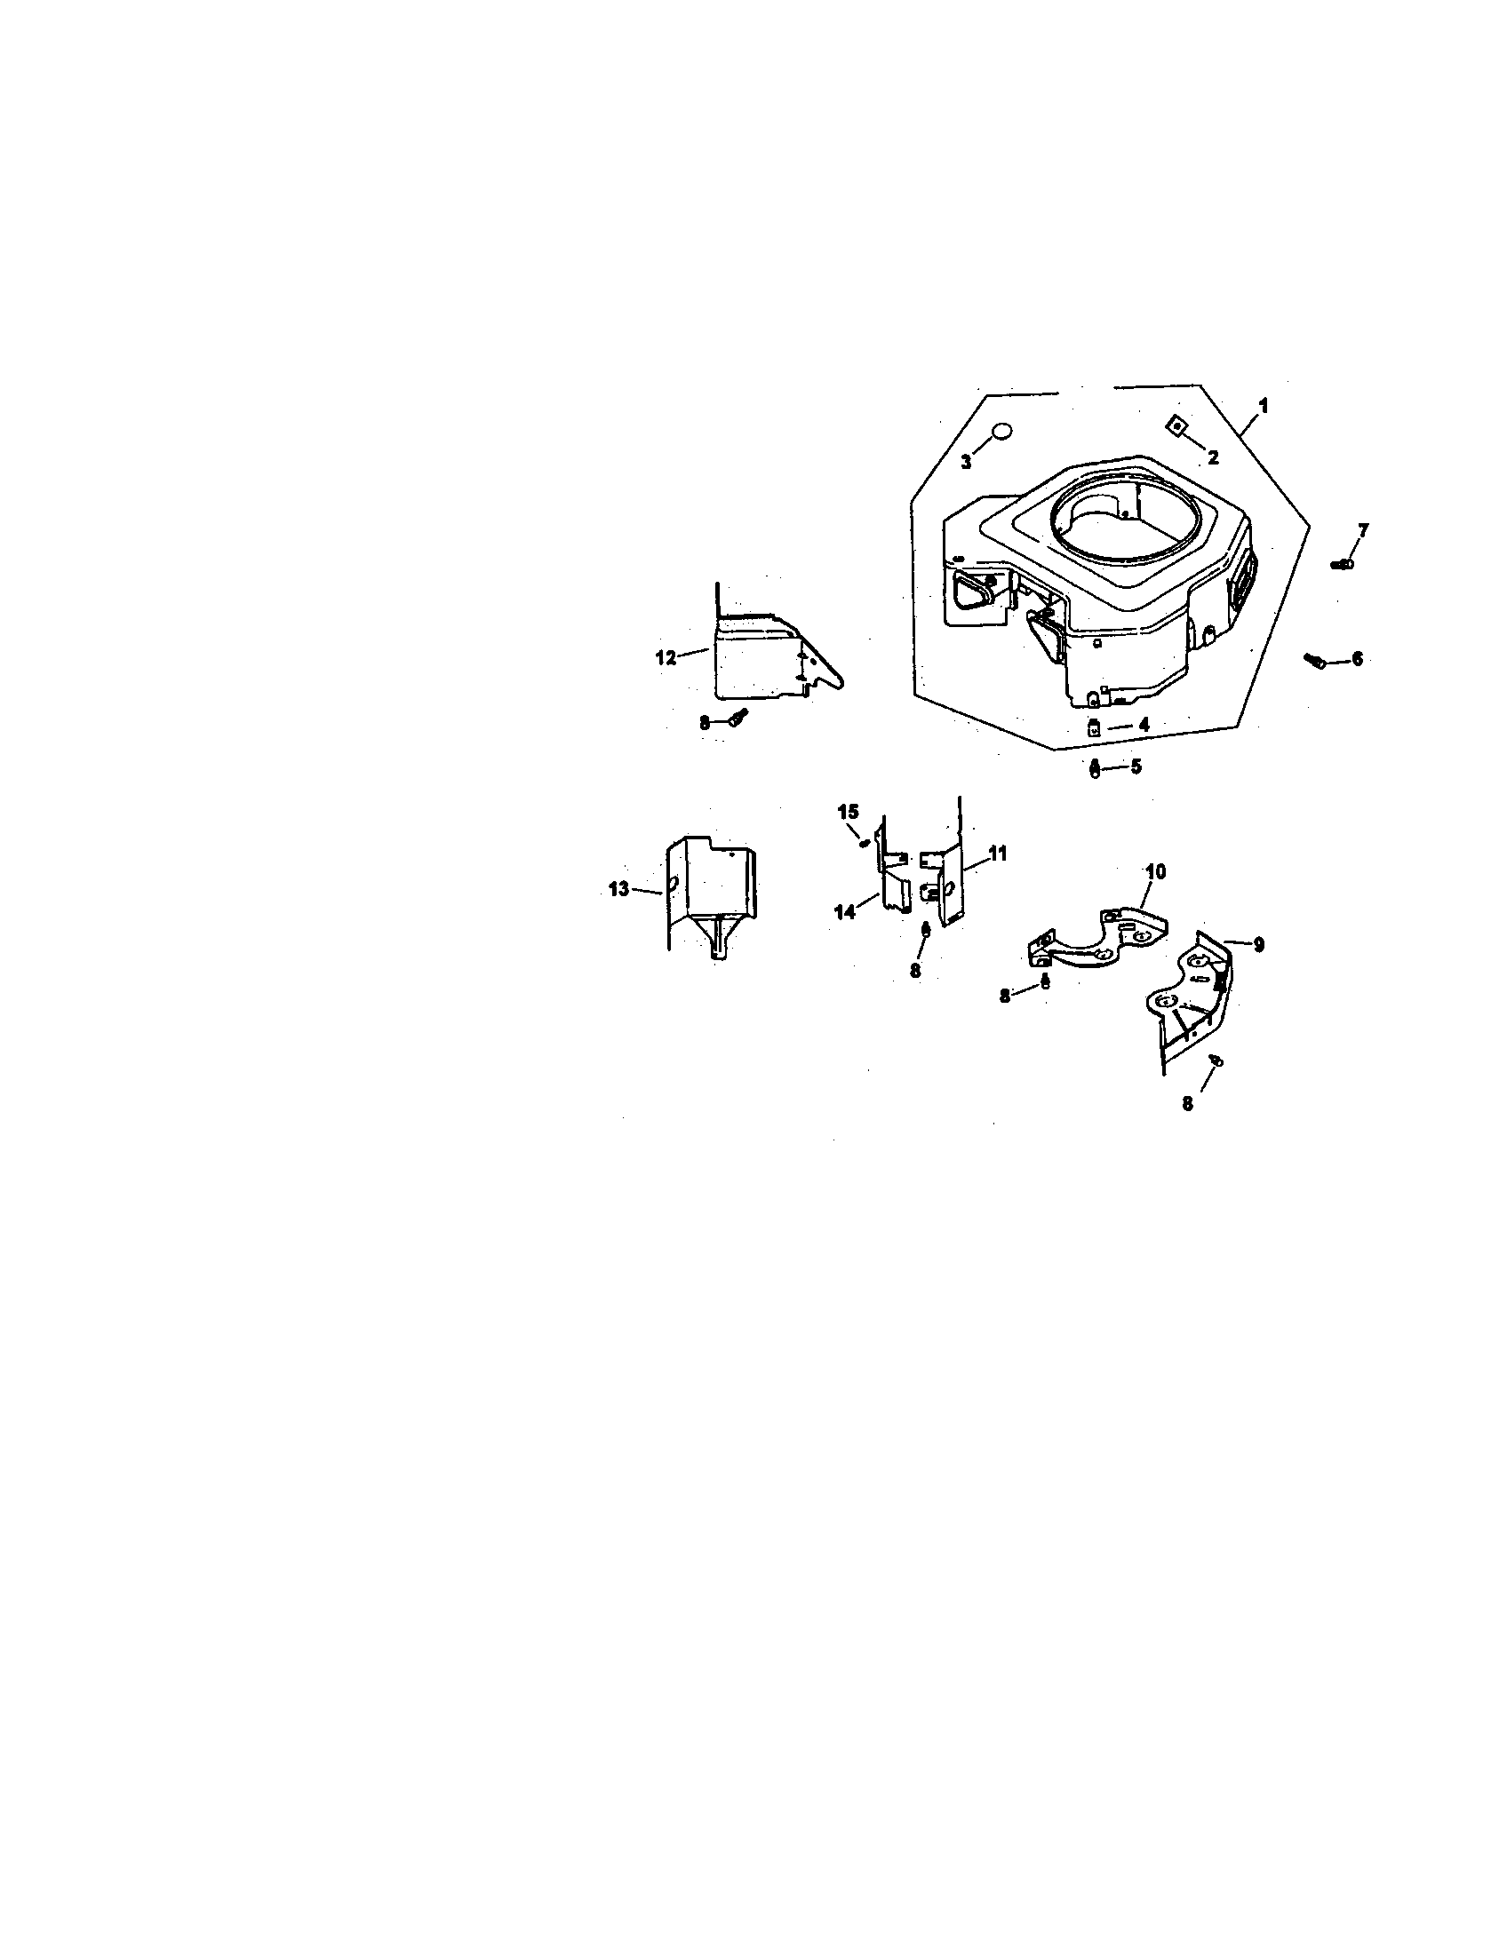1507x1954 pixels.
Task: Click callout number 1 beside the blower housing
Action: [x=1263, y=405]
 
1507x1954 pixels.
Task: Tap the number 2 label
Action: [x=1213, y=458]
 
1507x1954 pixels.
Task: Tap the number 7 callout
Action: [x=1362, y=530]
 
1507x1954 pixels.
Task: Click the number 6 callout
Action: [x=1357, y=659]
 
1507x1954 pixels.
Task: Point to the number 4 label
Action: [x=1143, y=725]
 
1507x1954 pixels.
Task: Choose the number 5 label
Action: [x=1136, y=767]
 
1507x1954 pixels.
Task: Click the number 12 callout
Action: [x=666, y=657]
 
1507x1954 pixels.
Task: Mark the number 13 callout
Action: [x=618, y=889]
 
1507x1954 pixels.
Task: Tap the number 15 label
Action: [x=849, y=812]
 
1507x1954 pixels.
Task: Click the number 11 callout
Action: [x=997, y=854]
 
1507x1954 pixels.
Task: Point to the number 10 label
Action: [x=1155, y=871]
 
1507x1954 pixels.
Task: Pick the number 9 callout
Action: [x=1257, y=944]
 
